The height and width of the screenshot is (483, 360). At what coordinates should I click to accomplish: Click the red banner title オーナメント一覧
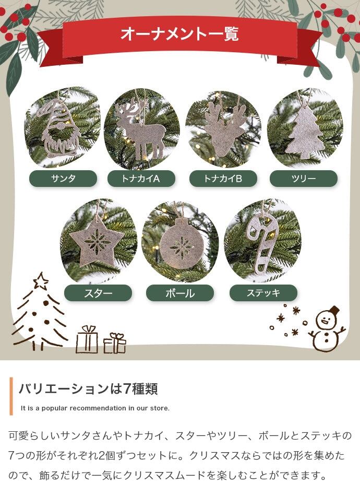point(179,34)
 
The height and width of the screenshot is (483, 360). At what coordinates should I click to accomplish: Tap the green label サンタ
point(63,179)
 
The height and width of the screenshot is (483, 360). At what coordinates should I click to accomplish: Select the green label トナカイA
point(141,179)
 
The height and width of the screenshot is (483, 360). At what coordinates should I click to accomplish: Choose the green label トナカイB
point(223,179)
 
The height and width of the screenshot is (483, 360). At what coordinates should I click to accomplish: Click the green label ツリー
point(304,179)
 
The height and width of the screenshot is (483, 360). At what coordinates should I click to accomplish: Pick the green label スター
point(98,293)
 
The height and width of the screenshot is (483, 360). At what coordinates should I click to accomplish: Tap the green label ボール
point(180,293)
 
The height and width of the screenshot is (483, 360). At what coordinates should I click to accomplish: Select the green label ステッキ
point(263,293)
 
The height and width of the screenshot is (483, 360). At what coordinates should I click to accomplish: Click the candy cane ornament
point(261,243)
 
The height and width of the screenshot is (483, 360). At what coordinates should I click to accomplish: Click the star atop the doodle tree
point(41,281)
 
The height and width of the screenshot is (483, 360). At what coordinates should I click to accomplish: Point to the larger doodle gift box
point(87,339)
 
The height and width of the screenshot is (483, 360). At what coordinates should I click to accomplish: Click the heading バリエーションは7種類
point(88,388)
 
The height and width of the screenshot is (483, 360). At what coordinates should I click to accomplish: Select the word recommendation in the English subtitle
point(99,408)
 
